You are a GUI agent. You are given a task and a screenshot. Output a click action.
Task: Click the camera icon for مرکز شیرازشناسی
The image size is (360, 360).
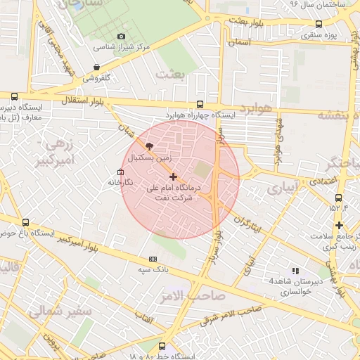121,36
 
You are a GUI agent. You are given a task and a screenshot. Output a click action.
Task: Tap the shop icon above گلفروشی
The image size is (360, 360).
96,67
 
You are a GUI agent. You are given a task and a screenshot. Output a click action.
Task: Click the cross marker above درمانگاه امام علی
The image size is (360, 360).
174,176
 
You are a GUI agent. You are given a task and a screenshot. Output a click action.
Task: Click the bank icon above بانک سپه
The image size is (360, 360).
153,259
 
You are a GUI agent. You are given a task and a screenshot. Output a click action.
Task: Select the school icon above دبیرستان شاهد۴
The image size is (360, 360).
295,270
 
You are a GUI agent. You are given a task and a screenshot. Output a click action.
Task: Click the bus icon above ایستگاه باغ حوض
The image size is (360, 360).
26,222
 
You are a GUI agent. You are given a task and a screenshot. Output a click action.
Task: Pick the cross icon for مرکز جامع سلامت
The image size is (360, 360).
339,226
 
